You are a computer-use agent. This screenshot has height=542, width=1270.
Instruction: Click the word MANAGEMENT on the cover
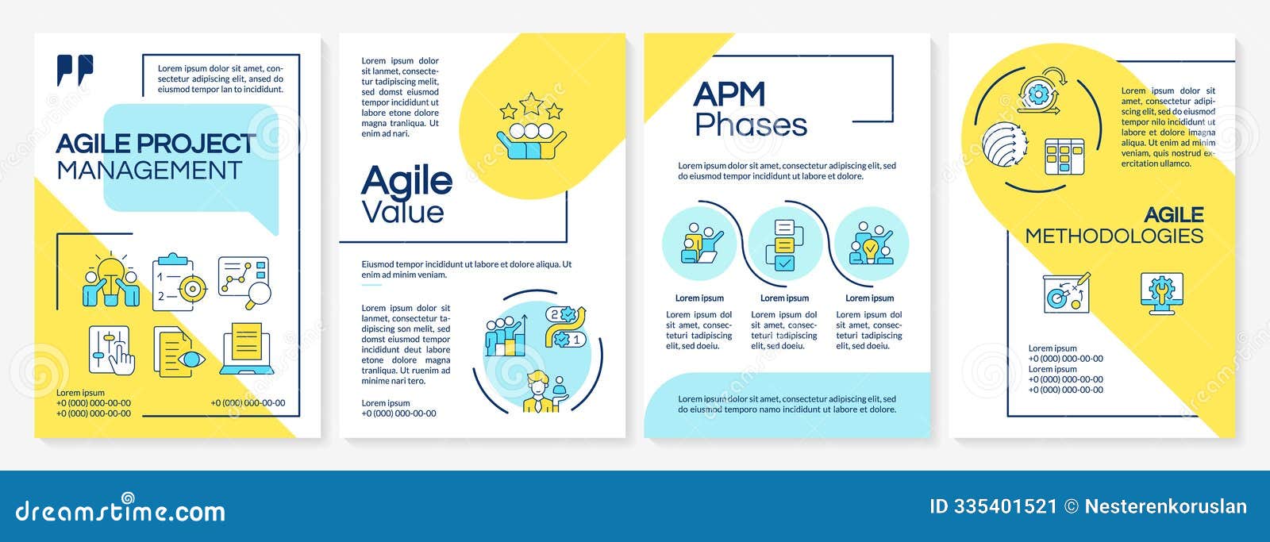(x=149, y=171)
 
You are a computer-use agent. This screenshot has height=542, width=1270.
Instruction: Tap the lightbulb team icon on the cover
(x=111, y=280)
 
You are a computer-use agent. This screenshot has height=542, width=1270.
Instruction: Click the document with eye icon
(x=179, y=353)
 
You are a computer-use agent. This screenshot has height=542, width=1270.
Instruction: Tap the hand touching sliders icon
(x=111, y=350)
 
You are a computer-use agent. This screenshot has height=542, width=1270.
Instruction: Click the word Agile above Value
(x=406, y=181)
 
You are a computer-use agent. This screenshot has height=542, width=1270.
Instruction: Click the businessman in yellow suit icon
(x=541, y=391)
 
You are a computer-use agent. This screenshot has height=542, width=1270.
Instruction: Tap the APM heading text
(x=729, y=94)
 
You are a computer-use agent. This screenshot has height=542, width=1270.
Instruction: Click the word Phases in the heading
(x=751, y=125)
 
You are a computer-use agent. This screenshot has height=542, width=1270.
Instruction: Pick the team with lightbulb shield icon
(x=871, y=244)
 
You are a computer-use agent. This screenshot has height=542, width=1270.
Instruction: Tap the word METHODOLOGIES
(x=1114, y=236)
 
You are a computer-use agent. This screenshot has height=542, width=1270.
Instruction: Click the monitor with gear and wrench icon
(x=1161, y=292)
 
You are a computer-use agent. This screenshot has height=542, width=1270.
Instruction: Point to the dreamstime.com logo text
(x=120, y=510)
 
